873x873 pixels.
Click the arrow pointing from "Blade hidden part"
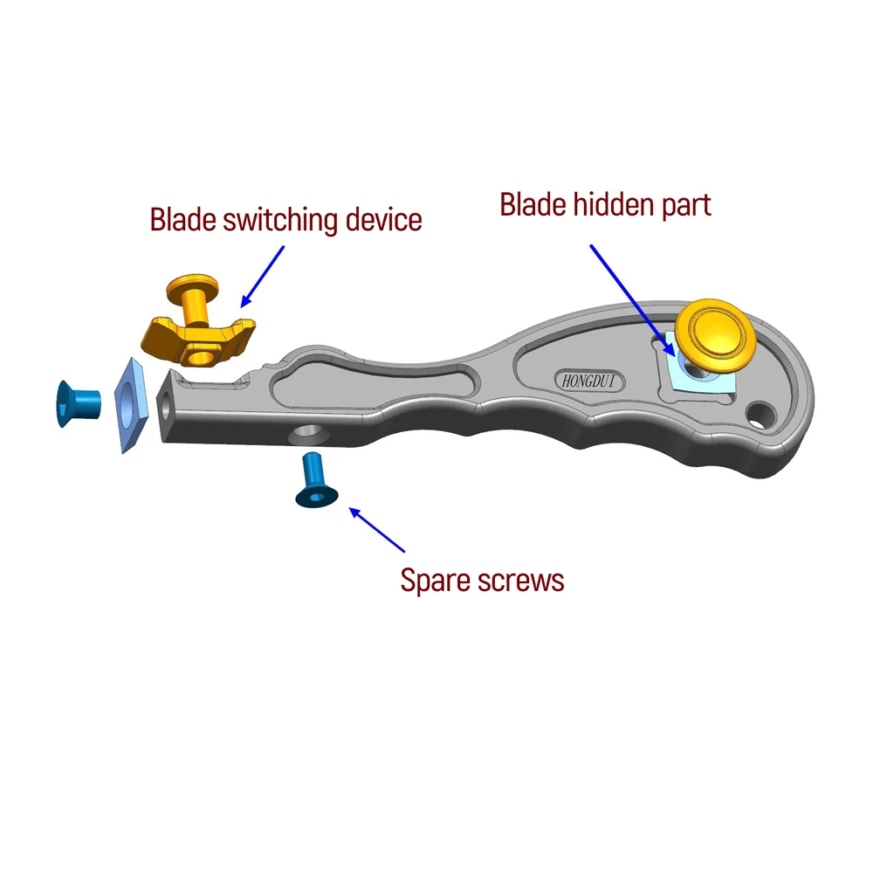pyautogui.click(x=632, y=298)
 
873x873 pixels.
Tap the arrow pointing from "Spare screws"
pyautogui.click(x=377, y=530)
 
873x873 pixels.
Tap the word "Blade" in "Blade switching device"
pyautogui.click(x=182, y=218)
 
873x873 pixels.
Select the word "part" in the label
pyautogui.click(x=687, y=206)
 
